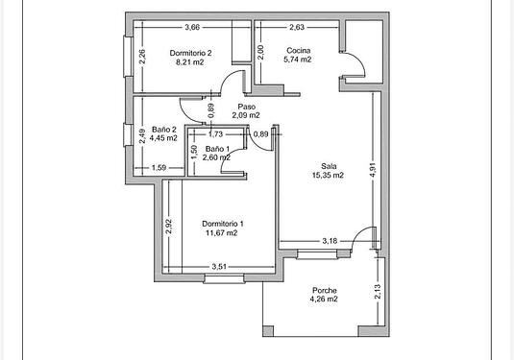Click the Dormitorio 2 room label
tap(190, 53)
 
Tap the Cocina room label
tap(298, 51)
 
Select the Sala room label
tap(329, 166)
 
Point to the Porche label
tap(324, 290)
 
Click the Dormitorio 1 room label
tap(223, 224)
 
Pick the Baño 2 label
tap(164, 130)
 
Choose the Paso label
tap(247, 107)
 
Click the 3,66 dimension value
tap(192, 27)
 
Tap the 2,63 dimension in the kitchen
tap(297, 27)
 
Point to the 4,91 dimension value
tap(373, 170)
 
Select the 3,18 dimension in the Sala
tap(330, 241)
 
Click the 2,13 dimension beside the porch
tap(378, 292)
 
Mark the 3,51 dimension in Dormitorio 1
tap(219, 267)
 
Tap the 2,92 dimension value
tap(168, 227)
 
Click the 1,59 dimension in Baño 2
tap(159, 168)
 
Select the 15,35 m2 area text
tap(328, 175)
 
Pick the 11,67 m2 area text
tap(222, 233)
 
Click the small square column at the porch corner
tap(268, 331)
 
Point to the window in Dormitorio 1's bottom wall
tap(224, 278)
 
